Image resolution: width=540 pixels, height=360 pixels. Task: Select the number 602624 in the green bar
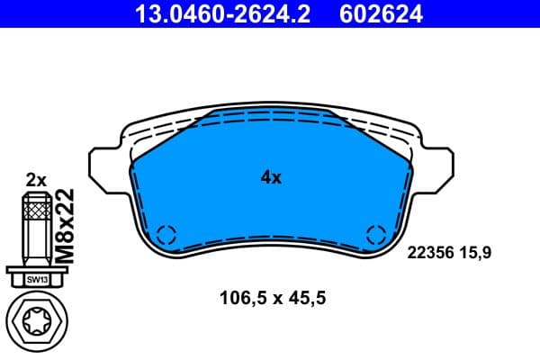click(x=379, y=13)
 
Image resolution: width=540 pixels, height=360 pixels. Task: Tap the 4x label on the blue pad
click(x=271, y=177)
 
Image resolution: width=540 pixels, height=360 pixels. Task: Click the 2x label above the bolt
click(x=36, y=179)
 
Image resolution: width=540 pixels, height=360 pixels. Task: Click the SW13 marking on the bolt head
click(x=36, y=280)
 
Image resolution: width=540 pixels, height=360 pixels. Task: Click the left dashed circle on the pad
click(x=166, y=236)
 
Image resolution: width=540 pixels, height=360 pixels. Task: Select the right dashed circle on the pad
click(x=376, y=236)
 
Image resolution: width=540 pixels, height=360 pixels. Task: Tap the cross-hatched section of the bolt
click(x=36, y=213)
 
